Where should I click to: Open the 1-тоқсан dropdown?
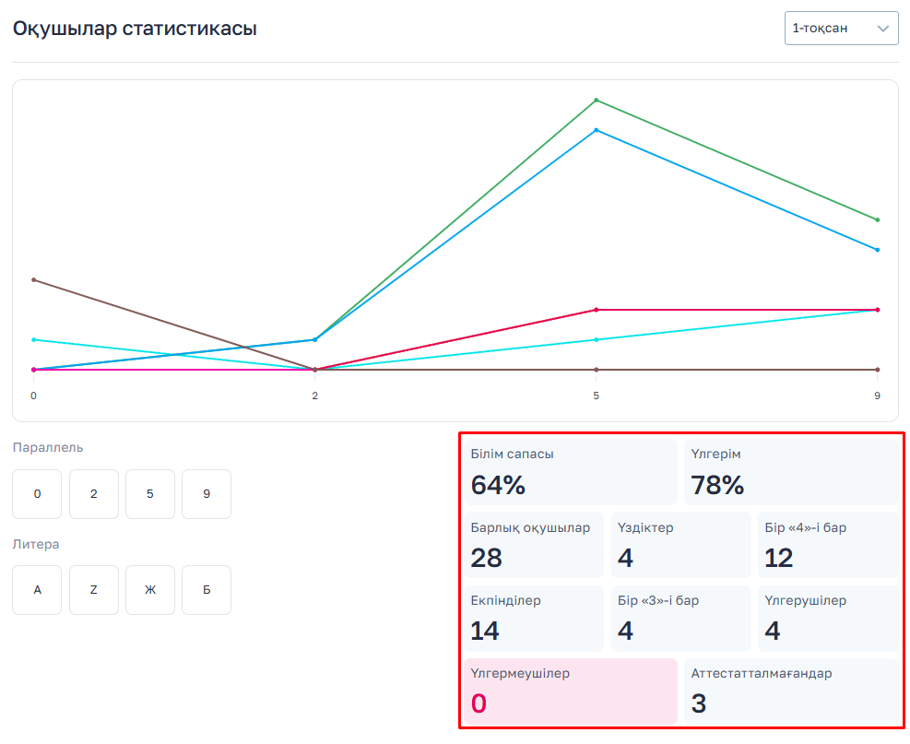841,29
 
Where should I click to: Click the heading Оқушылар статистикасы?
135,29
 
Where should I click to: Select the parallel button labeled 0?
37,494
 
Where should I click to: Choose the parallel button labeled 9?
207,494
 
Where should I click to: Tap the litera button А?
37,590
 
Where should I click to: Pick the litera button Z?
94,590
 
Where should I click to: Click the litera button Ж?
150,590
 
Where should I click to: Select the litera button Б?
207,590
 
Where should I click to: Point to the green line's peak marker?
597,100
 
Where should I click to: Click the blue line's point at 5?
597,130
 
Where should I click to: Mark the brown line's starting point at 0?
33,279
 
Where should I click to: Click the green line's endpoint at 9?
878,219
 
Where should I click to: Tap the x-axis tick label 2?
315,396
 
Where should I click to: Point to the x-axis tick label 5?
597,396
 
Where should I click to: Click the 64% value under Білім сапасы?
498,485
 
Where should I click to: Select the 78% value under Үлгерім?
717,485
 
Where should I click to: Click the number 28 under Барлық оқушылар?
487,558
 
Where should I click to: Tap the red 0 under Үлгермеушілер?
479,703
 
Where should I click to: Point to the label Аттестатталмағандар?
762,673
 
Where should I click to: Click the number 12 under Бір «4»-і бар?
779,558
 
